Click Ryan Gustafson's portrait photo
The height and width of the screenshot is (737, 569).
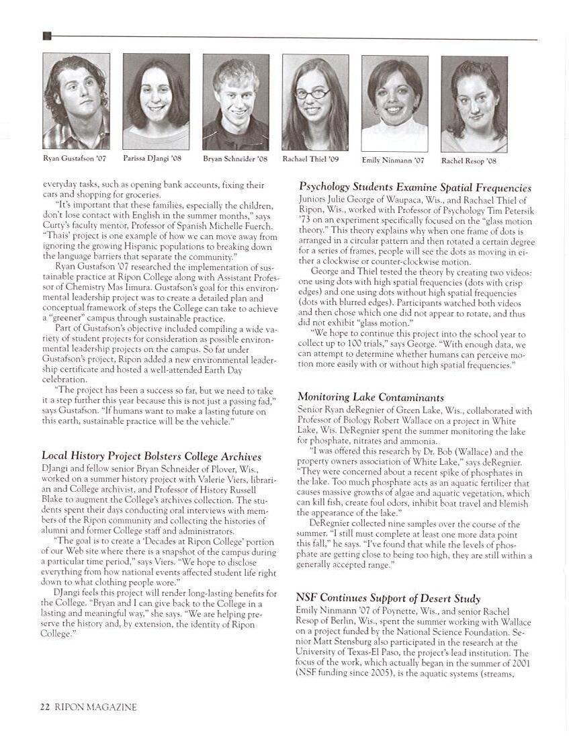pyautogui.click(x=76, y=101)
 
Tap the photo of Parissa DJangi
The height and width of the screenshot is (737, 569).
pyautogui.click(x=156, y=101)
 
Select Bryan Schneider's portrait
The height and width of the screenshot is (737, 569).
pyautogui.click(x=236, y=102)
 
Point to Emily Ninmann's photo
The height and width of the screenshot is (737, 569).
pyautogui.click(x=394, y=103)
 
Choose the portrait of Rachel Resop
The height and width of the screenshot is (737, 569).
pyautogui.click(x=474, y=104)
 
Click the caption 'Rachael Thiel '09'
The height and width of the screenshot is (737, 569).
pyautogui.click(x=310, y=159)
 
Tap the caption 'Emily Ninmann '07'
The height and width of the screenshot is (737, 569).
pyautogui.click(x=393, y=161)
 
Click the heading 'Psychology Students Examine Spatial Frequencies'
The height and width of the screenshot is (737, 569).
pyautogui.click(x=415, y=188)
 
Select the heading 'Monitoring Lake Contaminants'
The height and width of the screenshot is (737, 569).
pyautogui.click(x=370, y=398)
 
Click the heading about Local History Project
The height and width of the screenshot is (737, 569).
pyautogui.click(x=151, y=457)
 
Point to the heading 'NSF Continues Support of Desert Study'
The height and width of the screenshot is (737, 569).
pyautogui.click(x=388, y=598)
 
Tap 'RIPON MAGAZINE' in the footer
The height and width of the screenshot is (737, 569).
pyautogui.click(x=95, y=707)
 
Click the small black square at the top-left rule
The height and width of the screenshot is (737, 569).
pyautogui.click(x=46, y=36)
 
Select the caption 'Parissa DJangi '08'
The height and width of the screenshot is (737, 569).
pyautogui.click(x=152, y=159)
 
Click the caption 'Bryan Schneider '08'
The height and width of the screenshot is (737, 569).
pyautogui.click(x=235, y=159)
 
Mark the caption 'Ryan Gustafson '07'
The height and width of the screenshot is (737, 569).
pyautogui.click(x=74, y=159)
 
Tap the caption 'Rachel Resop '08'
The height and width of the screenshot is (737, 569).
pyautogui.click(x=469, y=161)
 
